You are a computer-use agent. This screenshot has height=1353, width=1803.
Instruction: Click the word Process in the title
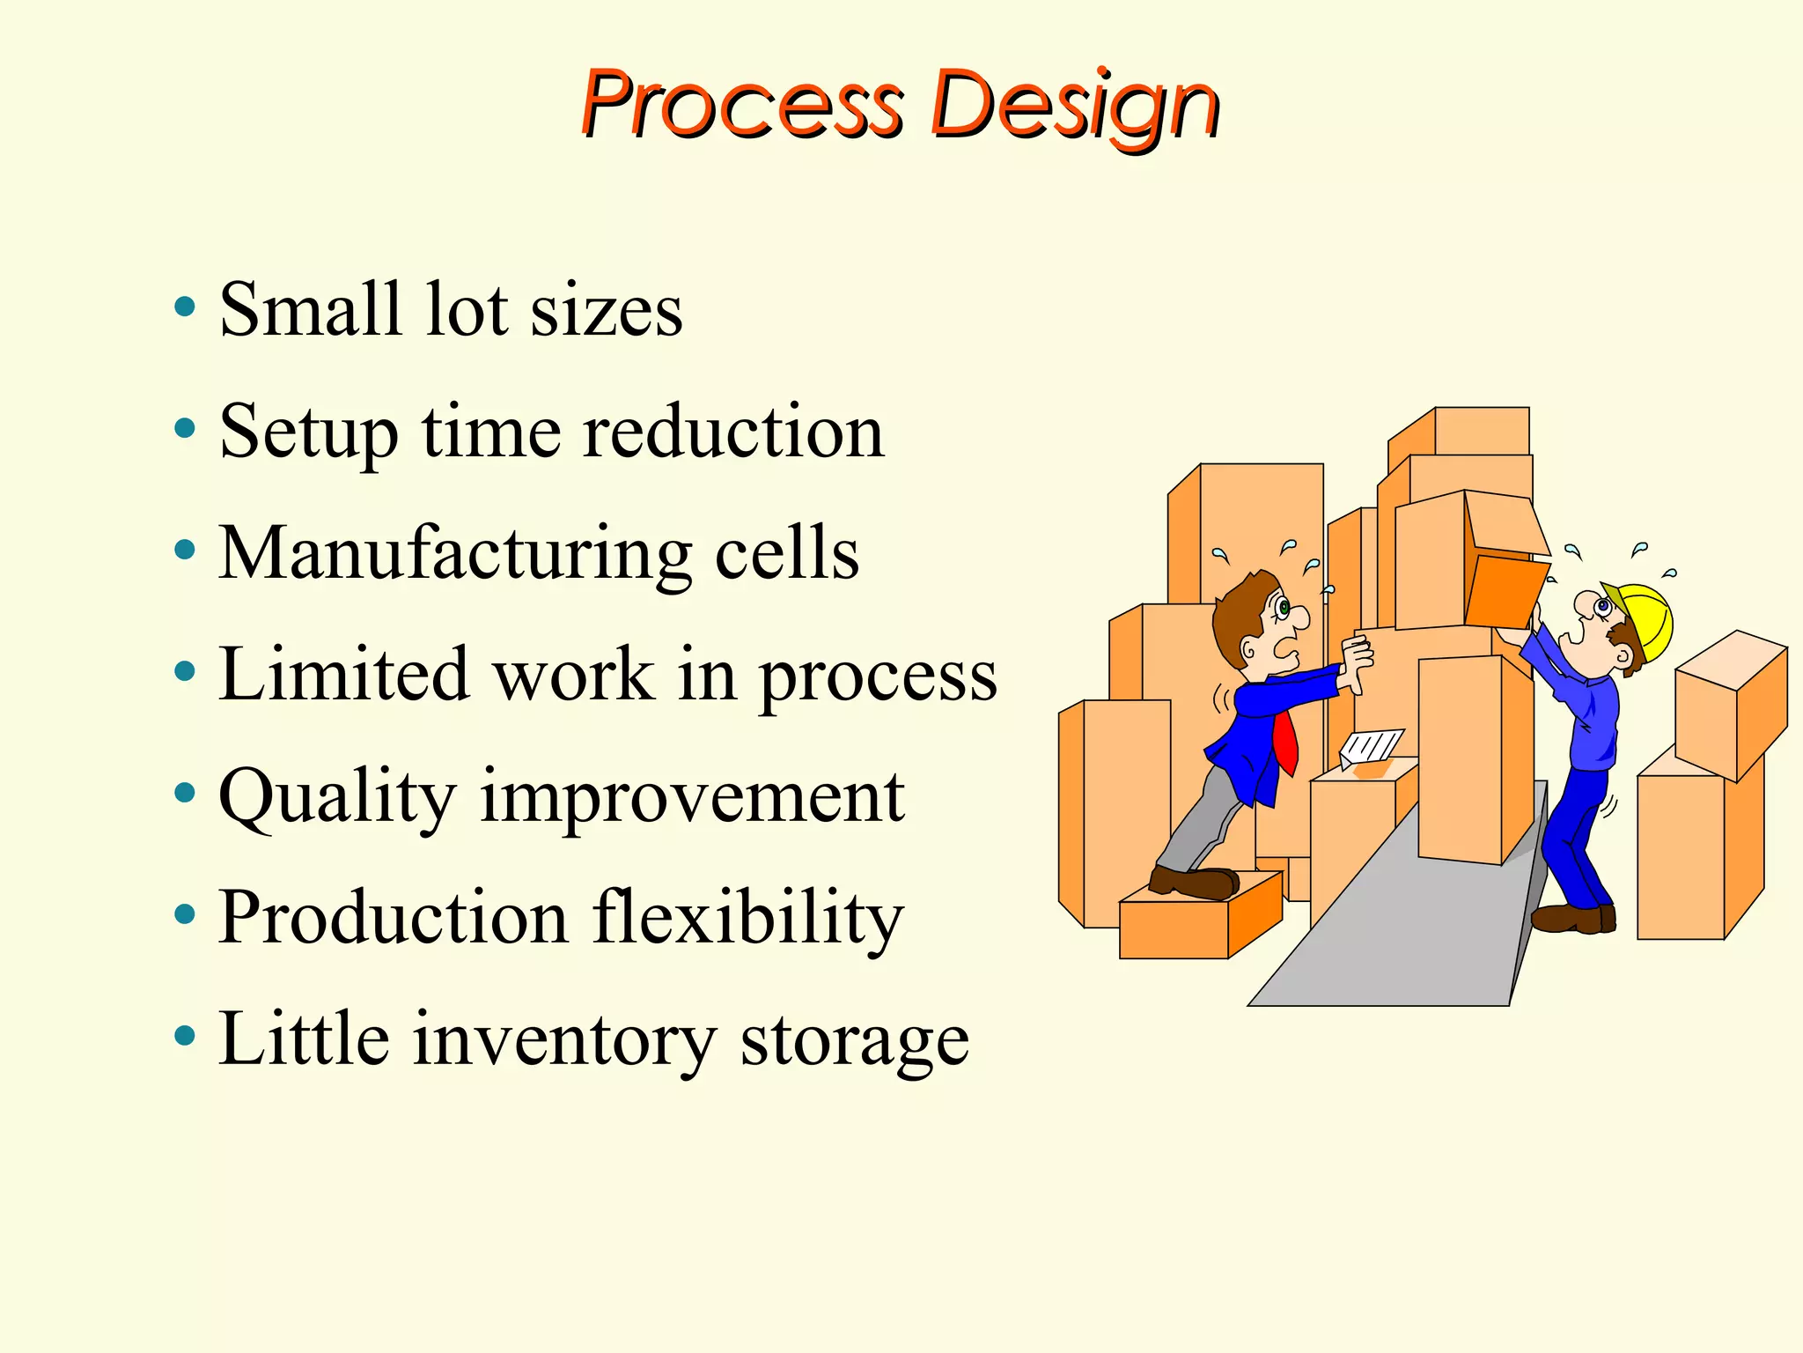(x=741, y=106)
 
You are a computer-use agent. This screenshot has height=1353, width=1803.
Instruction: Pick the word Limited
(x=343, y=676)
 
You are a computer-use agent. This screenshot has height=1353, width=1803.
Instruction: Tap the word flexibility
(x=747, y=918)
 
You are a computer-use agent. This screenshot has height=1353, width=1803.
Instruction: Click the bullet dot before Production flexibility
(x=185, y=915)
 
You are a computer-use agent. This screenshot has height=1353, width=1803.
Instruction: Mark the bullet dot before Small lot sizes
(x=185, y=307)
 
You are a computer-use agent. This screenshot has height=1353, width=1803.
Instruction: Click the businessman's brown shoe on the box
(x=1194, y=882)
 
